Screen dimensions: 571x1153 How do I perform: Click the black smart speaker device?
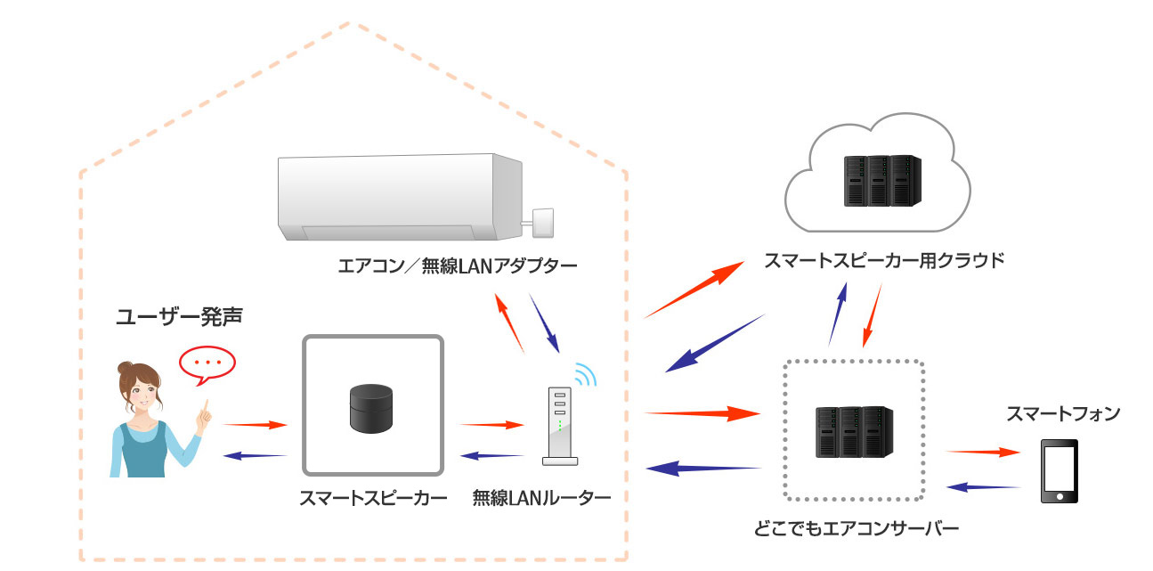(x=370, y=406)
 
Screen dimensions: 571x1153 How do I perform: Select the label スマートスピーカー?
(x=372, y=498)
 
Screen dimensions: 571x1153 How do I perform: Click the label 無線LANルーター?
(x=541, y=498)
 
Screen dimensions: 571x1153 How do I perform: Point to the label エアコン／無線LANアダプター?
(x=459, y=265)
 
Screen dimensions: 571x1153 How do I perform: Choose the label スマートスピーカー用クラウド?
(x=884, y=261)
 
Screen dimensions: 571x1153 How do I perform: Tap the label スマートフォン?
(x=1062, y=413)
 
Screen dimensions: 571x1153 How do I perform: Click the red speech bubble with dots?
(x=207, y=363)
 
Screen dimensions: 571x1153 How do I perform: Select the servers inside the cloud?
(x=879, y=181)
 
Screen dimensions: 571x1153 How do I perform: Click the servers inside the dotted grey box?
(x=853, y=433)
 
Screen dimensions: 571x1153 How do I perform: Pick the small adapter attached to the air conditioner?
(x=542, y=219)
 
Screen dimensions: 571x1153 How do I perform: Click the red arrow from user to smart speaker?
(x=254, y=425)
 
